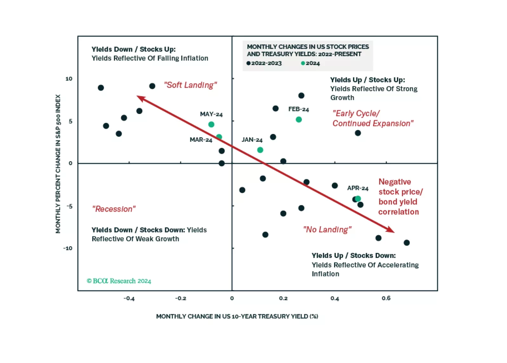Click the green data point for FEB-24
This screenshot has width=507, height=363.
click(299, 120)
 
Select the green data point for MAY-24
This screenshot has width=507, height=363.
click(211, 124)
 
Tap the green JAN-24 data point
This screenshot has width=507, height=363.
click(260, 150)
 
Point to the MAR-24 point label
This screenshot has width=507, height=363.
click(201, 140)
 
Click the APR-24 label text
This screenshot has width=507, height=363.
click(358, 188)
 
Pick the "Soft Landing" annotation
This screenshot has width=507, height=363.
click(190, 85)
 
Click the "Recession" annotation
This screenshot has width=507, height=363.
click(114, 209)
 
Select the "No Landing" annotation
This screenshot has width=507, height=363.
click(327, 229)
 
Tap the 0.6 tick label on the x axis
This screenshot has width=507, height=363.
click(386, 298)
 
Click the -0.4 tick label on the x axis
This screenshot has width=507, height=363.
click(129, 298)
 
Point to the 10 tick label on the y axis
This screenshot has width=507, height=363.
click(69, 79)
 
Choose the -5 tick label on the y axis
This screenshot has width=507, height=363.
click(69, 206)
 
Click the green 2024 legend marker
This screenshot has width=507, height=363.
click(303, 63)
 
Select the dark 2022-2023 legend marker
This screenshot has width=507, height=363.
click(248, 63)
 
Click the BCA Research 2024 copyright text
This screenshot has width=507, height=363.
click(119, 281)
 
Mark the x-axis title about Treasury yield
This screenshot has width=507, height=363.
click(237, 316)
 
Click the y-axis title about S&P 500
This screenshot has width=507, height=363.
click(58, 163)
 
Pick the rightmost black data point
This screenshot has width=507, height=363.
click(407, 243)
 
